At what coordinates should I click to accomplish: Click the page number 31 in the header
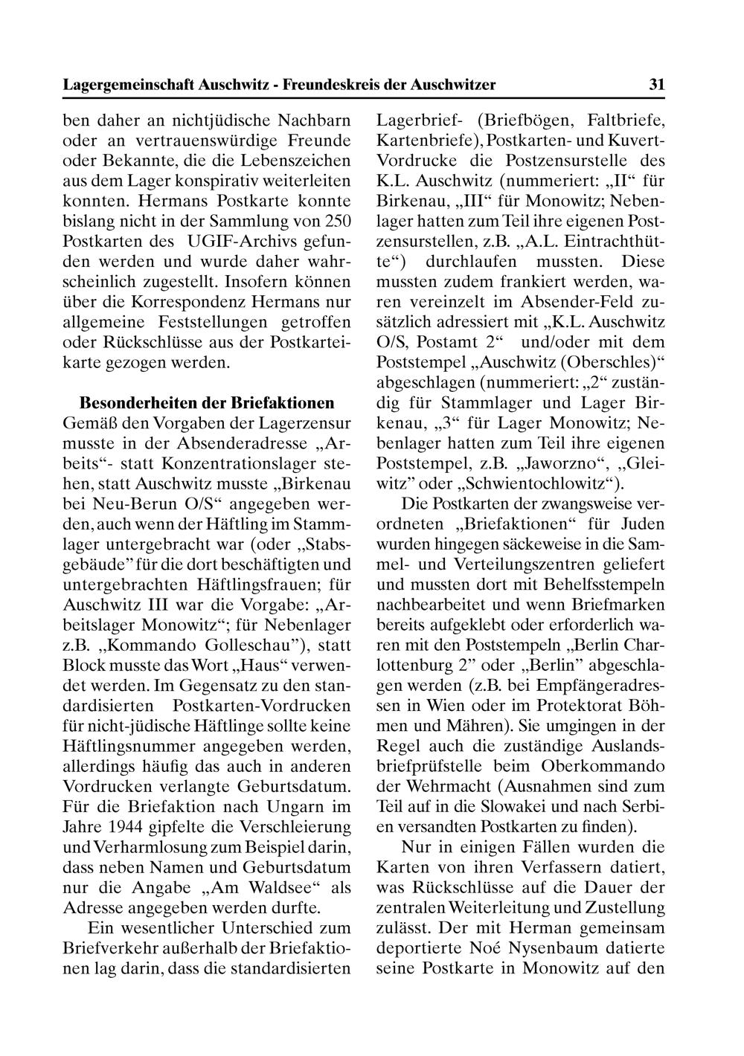(x=656, y=85)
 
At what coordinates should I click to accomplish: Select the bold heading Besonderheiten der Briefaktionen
(x=207, y=404)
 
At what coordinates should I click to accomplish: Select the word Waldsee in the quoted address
(x=270, y=887)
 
